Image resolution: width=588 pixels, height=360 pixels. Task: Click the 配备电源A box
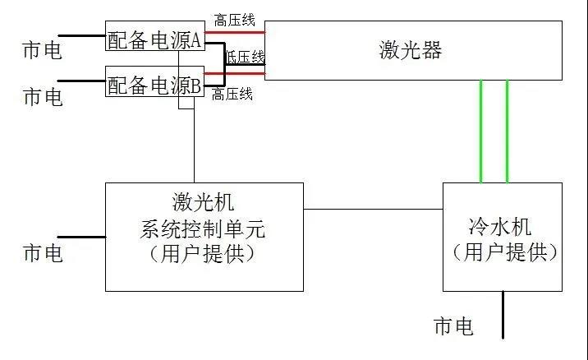point(154,39)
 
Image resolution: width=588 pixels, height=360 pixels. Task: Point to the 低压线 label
point(246,57)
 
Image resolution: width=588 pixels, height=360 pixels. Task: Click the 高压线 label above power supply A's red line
point(233,19)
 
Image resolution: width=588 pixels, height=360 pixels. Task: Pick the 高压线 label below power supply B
point(232,95)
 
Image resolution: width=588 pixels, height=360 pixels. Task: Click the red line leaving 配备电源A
point(234,33)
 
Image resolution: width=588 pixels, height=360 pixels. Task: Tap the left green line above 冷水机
point(481,132)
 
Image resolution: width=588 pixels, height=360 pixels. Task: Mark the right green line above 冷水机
point(507,132)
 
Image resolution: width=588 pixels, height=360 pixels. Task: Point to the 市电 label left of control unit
point(43,253)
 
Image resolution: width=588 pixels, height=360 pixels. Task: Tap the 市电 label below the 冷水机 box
point(453,327)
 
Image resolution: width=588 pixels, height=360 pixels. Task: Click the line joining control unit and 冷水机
point(373,208)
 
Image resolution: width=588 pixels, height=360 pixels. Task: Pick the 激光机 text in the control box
point(204,202)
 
